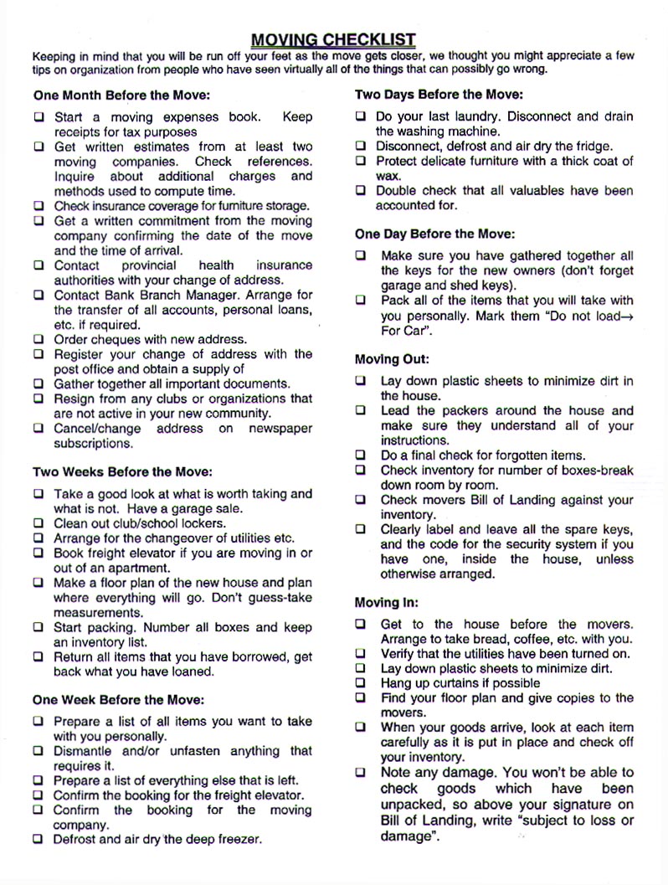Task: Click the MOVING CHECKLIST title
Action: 333,39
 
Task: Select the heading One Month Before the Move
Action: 121,95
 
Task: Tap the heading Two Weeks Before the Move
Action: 122,472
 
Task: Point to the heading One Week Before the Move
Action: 118,699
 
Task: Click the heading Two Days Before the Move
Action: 439,95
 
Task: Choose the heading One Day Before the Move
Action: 435,234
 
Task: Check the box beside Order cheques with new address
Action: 39,340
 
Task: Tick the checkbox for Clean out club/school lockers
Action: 39,524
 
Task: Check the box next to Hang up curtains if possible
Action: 361,683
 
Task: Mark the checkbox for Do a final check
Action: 361,455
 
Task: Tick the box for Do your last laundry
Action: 361,117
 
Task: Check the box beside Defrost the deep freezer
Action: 39,839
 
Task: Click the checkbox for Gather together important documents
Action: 39,384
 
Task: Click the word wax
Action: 388,177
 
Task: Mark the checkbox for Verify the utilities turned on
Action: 361,654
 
